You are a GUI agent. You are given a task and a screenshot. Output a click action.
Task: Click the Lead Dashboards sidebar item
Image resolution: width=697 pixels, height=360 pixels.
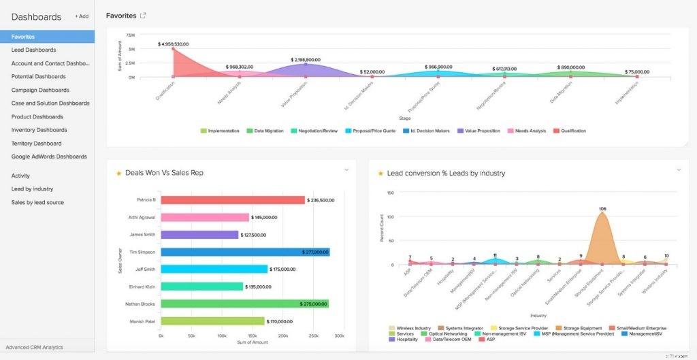(x=33, y=50)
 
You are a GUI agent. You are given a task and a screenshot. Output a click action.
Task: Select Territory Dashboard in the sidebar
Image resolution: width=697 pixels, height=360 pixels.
(x=36, y=144)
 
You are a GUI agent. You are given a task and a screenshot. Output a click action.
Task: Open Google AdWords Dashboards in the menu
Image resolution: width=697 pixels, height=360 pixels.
(x=49, y=157)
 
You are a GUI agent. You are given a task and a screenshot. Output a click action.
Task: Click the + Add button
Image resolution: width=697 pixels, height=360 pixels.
(x=81, y=16)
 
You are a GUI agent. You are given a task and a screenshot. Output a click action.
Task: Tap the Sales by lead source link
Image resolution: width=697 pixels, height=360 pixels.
(x=37, y=202)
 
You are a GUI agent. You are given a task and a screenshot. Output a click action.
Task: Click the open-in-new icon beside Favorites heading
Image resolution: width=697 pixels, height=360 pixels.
(x=143, y=16)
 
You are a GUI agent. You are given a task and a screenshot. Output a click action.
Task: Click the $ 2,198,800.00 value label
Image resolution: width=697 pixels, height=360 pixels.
(x=305, y=60)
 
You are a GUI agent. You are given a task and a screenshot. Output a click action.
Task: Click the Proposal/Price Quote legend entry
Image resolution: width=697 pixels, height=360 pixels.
(x=371, y=131)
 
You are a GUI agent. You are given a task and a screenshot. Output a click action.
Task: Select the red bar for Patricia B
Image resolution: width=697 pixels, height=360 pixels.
(x=233, y=200)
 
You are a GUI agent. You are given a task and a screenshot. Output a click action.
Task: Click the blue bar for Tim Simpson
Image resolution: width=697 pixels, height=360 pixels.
(x=245, y=252)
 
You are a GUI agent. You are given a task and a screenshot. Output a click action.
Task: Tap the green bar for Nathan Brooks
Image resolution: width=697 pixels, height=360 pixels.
(x=244, y=304)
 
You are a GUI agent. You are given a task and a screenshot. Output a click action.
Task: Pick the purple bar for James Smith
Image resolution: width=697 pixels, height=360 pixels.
(x=199, y=235)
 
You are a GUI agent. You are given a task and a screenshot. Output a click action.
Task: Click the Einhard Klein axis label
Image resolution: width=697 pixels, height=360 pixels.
(x=142, y=287)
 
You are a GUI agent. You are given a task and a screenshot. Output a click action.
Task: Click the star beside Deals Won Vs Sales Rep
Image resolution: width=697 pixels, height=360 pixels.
(x=119, y=174)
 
